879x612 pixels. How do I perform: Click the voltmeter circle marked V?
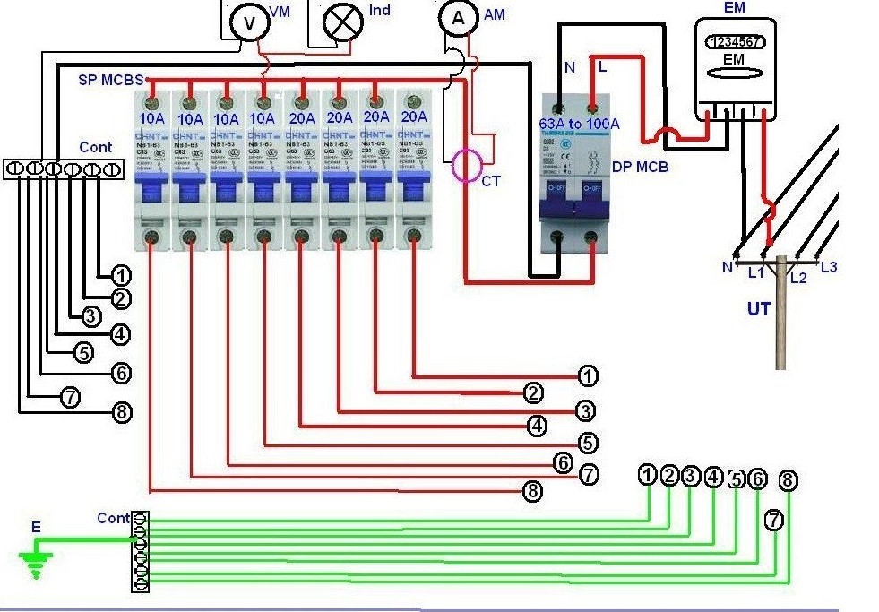tap(247, 22)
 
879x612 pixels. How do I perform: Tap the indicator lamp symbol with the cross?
tap(341, 22)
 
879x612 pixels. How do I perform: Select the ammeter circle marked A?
tap(455, 17)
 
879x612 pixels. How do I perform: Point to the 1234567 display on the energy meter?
tap(735, 41)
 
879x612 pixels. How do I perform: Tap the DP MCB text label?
tap(641, 168)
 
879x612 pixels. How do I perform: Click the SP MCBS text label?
tap(111, 79)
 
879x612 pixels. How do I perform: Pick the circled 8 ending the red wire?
tap(533, 490)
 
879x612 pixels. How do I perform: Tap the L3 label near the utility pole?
tap(828, 267)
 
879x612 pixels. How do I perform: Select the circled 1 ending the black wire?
tap(121, 275)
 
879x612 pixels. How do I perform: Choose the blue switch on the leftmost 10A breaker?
tap(151, 190)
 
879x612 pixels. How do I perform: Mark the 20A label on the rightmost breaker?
tap(413, 116)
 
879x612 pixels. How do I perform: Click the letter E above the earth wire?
tap(36, 527)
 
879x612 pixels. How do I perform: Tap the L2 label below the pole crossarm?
tap(798, 278)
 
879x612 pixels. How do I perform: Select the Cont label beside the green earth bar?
tap(113, 518)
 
